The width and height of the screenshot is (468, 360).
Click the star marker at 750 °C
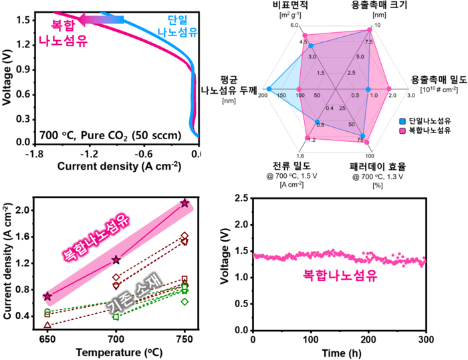tap(185, 203)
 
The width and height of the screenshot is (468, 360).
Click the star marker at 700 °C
tap(116, 260)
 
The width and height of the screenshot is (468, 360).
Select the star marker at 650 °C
tap(47, 296)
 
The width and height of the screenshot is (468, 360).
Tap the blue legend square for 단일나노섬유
tap(402, 120)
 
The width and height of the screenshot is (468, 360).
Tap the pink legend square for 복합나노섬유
tap(402, 130)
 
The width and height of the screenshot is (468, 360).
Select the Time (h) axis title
tap(337, 353)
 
